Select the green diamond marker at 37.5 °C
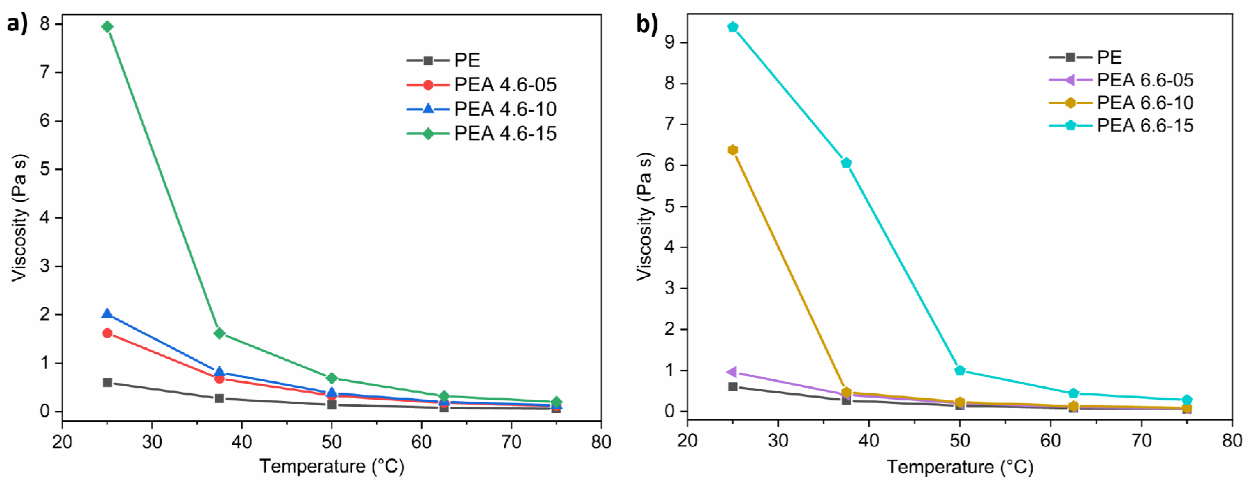(219, 333)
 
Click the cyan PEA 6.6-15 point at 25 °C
(733, 27)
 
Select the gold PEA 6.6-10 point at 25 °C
(733, 150)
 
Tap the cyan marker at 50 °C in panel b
(959, 370)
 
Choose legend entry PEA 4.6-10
(505, 109)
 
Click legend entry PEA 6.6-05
(1144, 80)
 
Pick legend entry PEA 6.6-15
(1144, 126)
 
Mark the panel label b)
(647, 23)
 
